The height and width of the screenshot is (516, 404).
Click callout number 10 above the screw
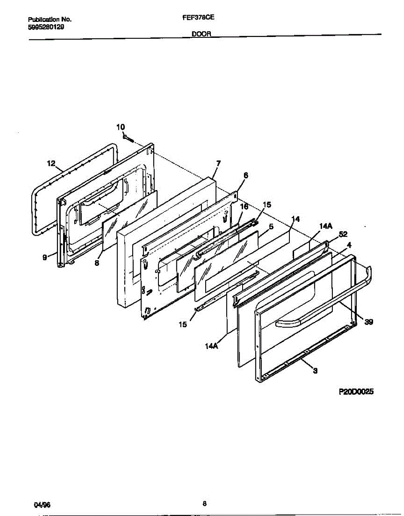[x=121, y=127]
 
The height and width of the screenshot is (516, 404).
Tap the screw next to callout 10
[x=128, y=138]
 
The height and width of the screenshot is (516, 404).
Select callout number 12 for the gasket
[x=51, y=163]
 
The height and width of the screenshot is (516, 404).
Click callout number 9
[x=45, y=258]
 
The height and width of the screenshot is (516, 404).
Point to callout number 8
[x=97, y=263]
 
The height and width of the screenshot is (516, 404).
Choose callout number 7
[x=218, y=163]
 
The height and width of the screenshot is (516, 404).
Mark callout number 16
[x=243, y=206]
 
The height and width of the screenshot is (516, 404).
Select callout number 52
[x=343, y=234]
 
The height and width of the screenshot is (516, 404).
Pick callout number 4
[x=349, y=245]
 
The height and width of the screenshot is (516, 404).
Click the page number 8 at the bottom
[x=205, y=504]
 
